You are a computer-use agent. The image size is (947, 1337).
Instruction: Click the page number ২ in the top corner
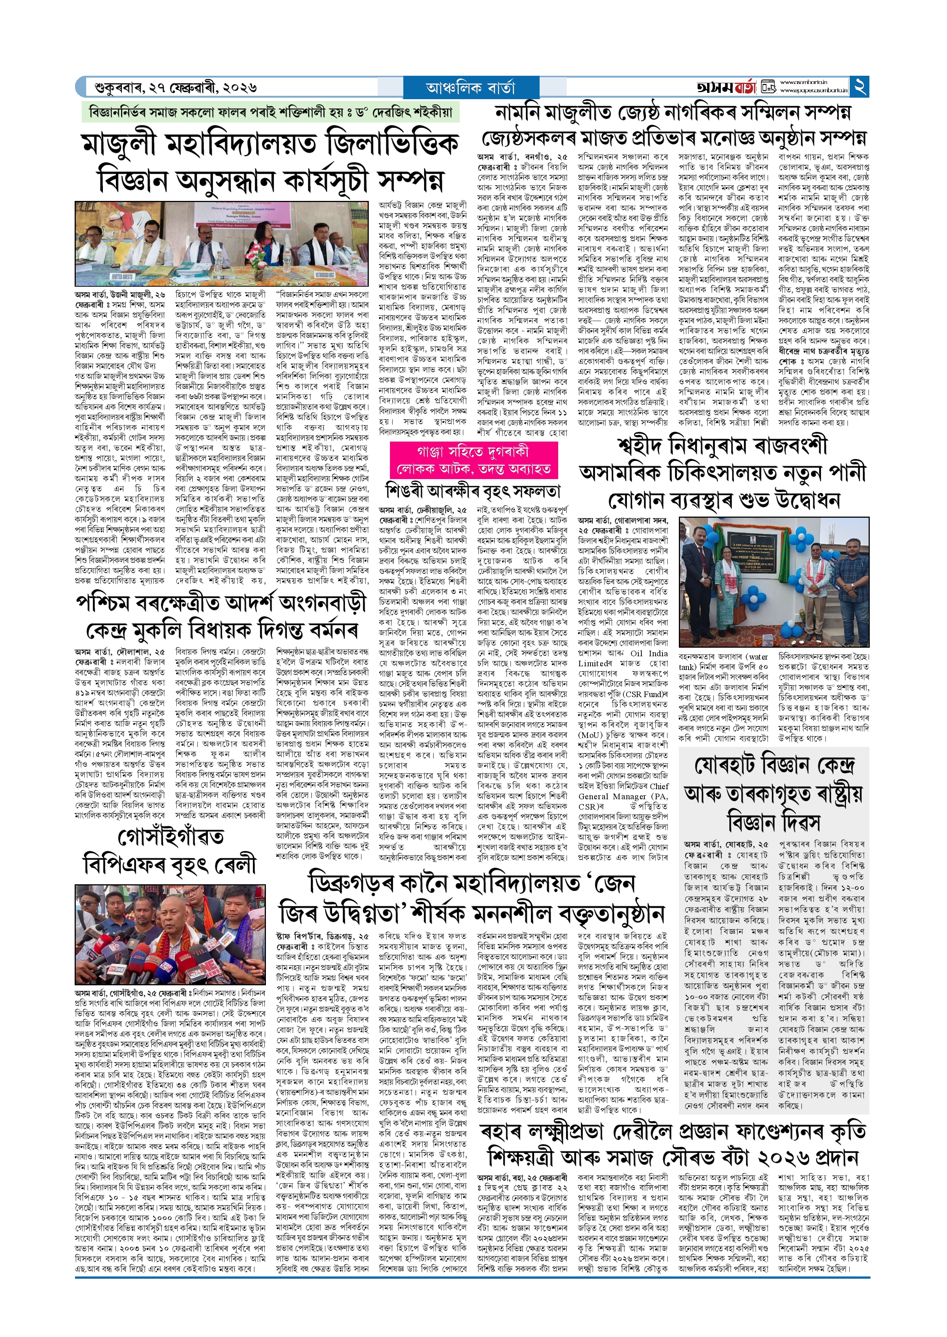(859, 87)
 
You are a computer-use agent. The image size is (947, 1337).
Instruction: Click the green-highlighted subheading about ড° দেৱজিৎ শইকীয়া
(270, 111)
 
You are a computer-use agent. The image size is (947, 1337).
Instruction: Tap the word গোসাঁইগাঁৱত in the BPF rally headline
(171, 837)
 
